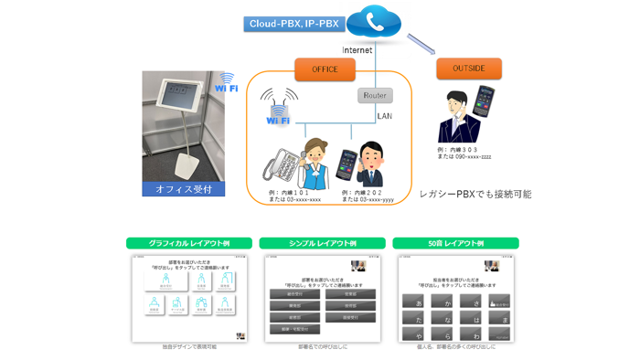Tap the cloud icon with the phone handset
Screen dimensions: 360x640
(374, 24)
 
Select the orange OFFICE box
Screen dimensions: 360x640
(325, 69)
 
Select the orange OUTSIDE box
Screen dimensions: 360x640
(468, 69)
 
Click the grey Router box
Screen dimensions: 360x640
(374, 95)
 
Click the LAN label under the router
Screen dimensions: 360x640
(385, 116)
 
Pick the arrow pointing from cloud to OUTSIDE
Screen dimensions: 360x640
(421, 45)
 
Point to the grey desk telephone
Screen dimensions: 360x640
(282, 165)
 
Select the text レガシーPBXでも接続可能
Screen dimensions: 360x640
(475, 195)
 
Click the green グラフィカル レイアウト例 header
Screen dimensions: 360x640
(188, 244)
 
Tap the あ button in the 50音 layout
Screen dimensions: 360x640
(419, 302)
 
